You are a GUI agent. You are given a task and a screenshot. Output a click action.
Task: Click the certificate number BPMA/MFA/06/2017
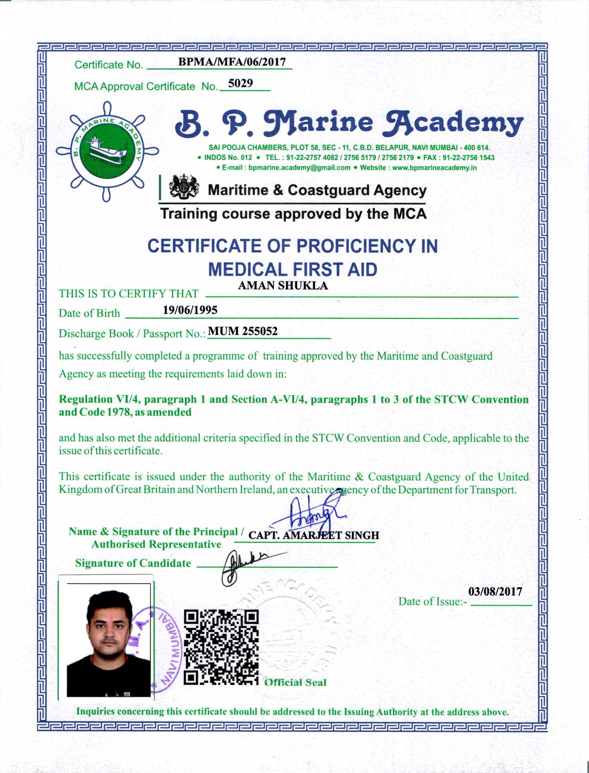232,62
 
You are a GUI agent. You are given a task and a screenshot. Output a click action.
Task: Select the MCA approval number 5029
240,83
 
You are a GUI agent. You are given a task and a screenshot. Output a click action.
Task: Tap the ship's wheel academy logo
107,151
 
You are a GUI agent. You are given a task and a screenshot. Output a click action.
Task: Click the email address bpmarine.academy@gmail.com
299,168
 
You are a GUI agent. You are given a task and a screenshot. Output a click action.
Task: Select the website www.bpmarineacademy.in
434,168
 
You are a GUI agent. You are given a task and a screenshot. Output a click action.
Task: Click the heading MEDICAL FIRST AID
292,269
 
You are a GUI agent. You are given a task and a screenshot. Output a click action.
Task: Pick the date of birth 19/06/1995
190,310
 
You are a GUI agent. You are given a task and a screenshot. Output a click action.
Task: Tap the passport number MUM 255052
243,331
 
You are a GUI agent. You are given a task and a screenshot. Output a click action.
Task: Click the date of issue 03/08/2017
495,592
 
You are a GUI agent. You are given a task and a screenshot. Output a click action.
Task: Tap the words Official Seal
295,682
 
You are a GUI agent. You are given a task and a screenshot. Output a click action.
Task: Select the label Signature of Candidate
133,563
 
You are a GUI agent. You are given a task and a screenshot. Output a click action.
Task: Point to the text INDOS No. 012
228,158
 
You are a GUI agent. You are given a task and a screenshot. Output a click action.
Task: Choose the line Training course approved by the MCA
293,214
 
